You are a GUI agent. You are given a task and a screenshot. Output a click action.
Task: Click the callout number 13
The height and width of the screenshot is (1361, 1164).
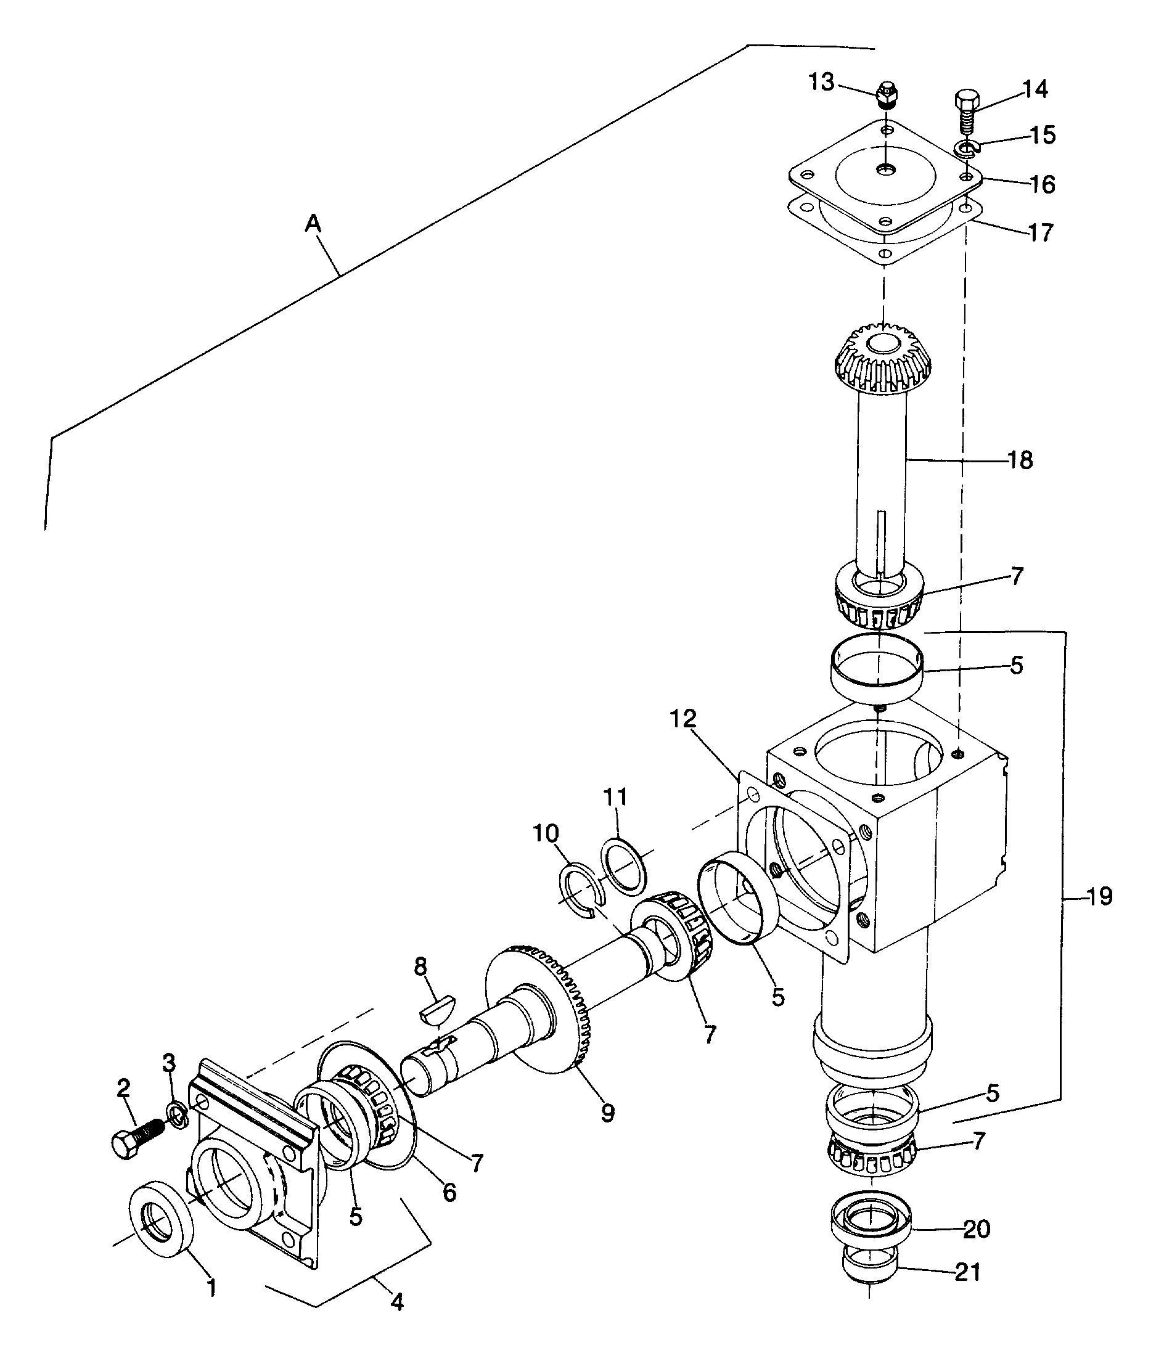coord(821,83)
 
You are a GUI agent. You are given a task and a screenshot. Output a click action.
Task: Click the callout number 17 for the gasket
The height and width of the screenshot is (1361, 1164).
coord(1040,232)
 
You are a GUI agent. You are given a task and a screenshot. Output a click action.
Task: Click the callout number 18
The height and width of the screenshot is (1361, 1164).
coord(1020,460)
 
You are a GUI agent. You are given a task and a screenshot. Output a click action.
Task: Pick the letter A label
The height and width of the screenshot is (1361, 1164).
coord(313,224)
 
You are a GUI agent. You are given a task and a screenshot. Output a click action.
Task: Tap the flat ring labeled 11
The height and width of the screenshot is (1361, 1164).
coord(623,865)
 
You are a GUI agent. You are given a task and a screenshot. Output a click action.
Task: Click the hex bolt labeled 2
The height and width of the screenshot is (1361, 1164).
coord(138,1140)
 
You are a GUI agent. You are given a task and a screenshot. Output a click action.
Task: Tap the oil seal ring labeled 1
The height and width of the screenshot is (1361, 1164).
coord(163,1219)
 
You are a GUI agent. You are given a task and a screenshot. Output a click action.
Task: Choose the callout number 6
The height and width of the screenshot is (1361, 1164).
coord(449,1191)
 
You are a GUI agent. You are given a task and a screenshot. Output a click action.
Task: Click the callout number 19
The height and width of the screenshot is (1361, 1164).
coord(1099,896)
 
